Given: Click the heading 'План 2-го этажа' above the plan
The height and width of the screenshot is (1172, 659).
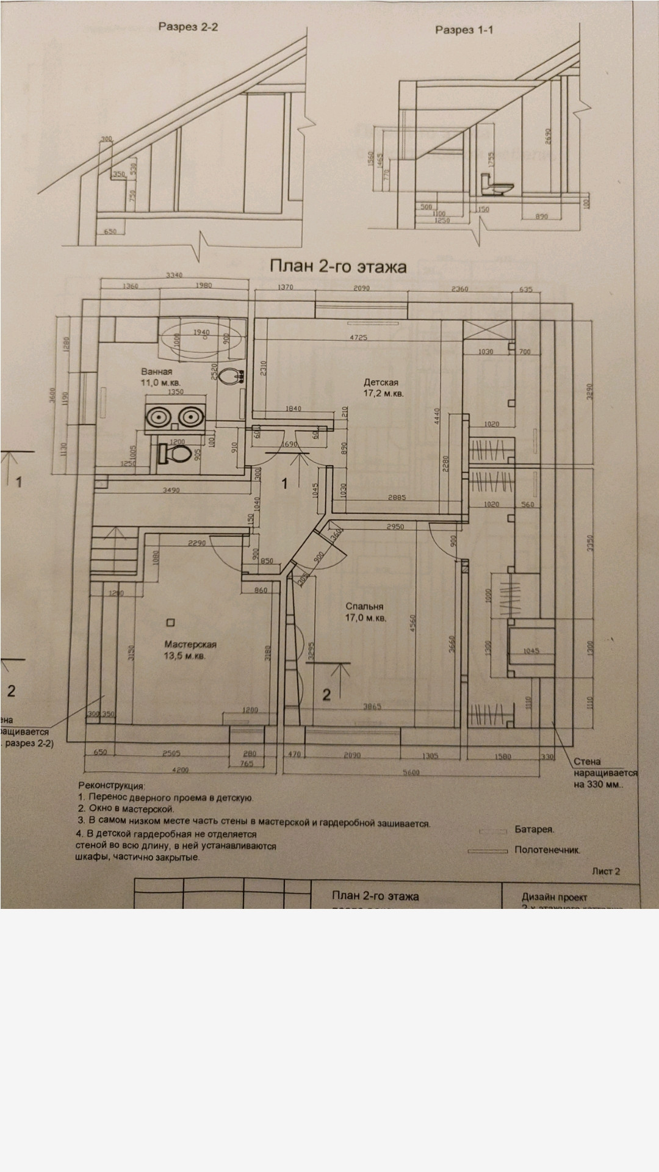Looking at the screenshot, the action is [338, 267].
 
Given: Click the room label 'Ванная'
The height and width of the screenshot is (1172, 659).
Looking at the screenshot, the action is [157, 371].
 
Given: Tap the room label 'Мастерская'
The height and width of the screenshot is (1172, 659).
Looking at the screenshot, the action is [190, 645].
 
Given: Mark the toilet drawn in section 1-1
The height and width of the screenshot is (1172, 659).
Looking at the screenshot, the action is [495, 186].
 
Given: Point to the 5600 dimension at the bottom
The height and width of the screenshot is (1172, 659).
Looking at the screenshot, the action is [413, 773].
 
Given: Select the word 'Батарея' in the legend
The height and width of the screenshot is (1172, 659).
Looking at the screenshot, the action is [534, 830].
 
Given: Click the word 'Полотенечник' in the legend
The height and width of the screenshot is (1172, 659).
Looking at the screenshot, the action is [547, 849].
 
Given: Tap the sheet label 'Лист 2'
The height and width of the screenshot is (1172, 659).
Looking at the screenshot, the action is [606, 871].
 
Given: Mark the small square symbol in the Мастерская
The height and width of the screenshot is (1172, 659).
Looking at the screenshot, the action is [170, 623].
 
